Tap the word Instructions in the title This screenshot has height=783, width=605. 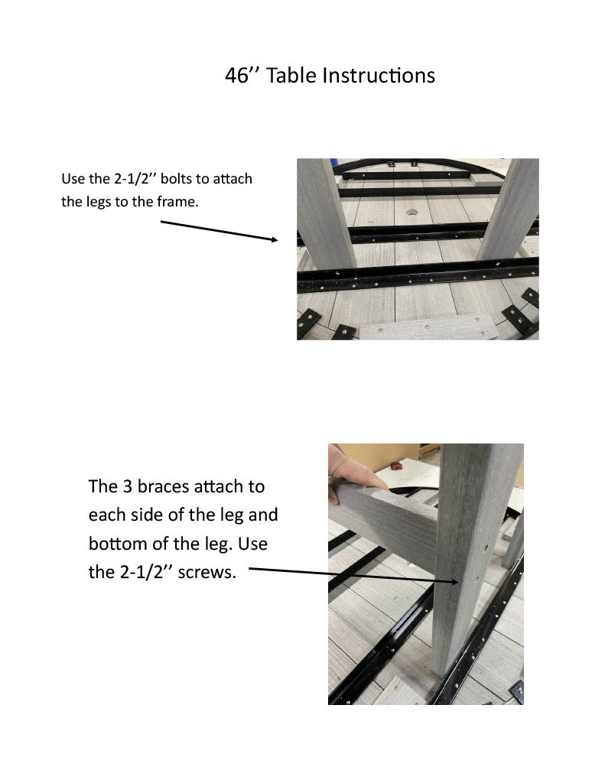[379, 76]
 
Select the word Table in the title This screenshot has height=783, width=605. [291, 76]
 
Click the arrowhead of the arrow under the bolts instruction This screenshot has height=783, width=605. [275, 239]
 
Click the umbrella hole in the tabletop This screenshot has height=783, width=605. [411, 213]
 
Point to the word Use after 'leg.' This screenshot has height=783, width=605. [252, 544]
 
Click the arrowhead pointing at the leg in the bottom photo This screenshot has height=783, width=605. [454, 582]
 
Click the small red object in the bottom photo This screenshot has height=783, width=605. [396, 466]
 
